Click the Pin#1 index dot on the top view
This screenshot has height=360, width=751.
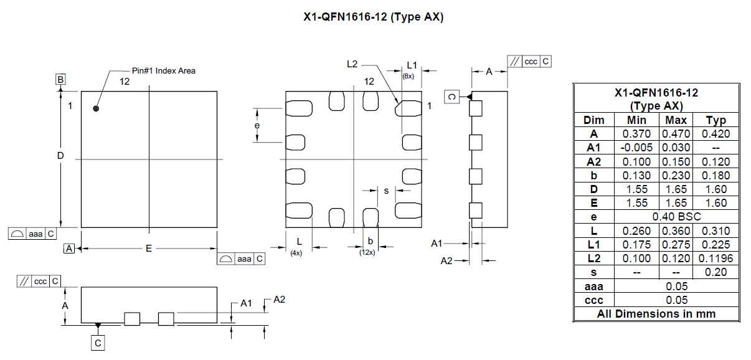tap(96, 108)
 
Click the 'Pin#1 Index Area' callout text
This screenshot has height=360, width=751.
tap(164, 70)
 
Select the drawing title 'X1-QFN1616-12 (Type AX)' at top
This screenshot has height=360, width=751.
tap(374, 17)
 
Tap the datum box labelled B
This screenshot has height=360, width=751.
tap(60, 80)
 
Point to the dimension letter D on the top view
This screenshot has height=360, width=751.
tap(60, 156)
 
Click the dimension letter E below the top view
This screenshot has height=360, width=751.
tap(149, 249)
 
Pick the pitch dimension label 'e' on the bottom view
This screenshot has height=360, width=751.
tap(257, 126)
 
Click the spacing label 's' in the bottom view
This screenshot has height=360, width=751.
tap(386, 191)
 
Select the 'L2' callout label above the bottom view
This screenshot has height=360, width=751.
tap(352, 64)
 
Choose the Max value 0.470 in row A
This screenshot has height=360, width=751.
tap(676, 133)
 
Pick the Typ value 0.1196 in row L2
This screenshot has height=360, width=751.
tap(716, 258)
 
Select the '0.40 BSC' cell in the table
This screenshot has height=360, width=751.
tap(676, 217)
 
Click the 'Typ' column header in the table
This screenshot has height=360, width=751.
tap(716, 120)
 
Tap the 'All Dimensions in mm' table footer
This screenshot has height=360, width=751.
tap(656, 314)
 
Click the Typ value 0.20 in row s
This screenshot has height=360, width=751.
tap(716, 272)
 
